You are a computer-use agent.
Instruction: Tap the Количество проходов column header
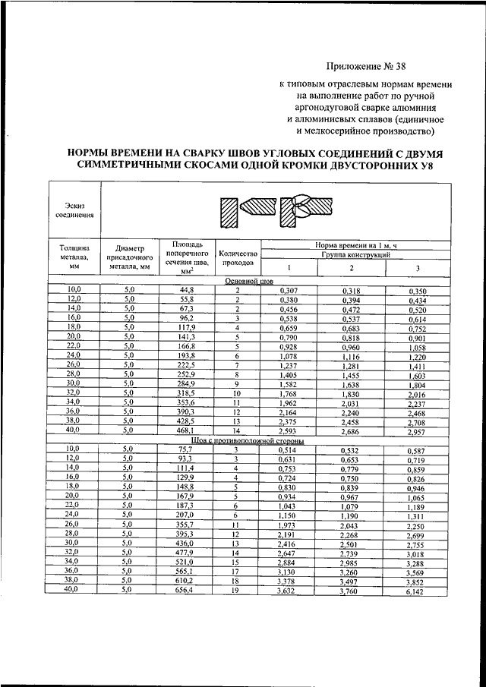coord(238,259)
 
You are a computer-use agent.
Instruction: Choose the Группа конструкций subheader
coord(352,256)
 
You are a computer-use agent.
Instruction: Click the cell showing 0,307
coord(288,290)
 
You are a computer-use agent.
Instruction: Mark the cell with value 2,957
coord(417,431)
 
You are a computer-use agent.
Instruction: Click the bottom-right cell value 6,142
coord(417,591)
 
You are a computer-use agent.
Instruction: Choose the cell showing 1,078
coord(288,355)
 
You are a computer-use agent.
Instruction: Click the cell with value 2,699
coord(417,534)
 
